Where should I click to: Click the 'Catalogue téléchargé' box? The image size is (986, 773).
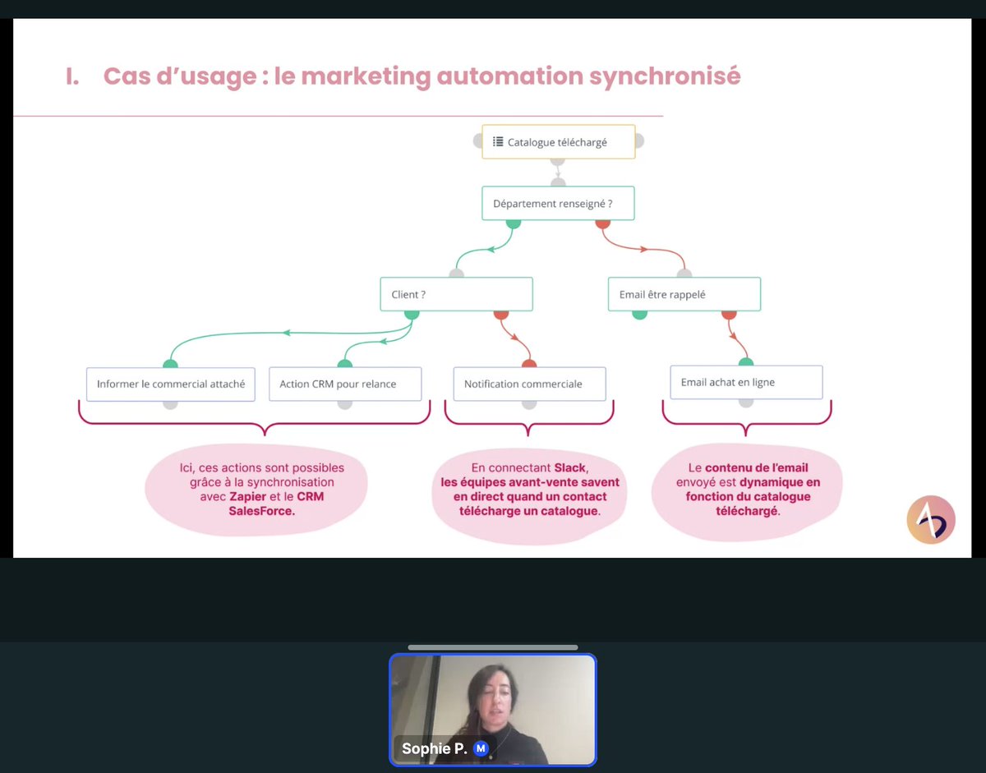[x=558, y=142]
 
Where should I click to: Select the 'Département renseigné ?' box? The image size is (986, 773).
[x=558, y=204]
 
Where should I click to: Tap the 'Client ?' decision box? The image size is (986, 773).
[x=456, y=294]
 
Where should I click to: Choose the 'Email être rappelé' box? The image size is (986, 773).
[x=684, y=294]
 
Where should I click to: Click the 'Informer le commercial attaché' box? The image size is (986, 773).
[x=170, y=384]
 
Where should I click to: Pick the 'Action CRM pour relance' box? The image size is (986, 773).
[x=344, y=384]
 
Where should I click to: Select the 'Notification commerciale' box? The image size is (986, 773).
[x=529, y=384]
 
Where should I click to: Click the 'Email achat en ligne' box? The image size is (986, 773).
[x=745, y=382]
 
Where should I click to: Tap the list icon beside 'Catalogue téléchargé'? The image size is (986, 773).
[x=497, y=142]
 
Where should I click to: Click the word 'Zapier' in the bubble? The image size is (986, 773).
[x=248, y=497]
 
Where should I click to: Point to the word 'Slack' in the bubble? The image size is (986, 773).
[x=570, y=467]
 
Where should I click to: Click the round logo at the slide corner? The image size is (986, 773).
[x=931, y=519]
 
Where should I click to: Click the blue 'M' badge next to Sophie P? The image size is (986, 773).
[x=481, y=748]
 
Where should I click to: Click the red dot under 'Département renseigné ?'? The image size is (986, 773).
[x=602, y=223]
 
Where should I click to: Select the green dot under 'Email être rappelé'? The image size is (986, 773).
[x=639, y=313]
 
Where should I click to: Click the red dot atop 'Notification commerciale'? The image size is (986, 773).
[x=529, y=364]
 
